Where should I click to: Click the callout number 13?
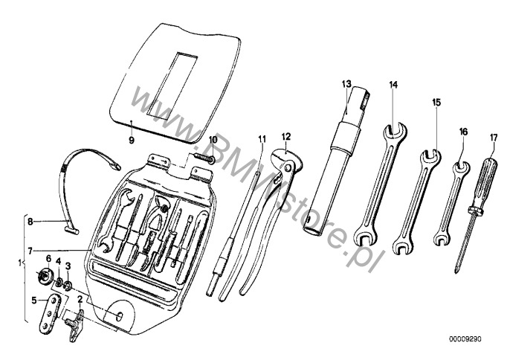(x=346, y=84)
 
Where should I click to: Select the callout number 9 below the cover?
(x=132, y=141)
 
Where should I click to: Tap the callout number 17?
(x=494, y=138)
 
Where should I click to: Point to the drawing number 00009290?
(x=465, y=339)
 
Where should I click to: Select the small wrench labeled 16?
(x=451, y=204)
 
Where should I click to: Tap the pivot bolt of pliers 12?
(x=287, y=168)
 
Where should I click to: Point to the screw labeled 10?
(x=204, y=156)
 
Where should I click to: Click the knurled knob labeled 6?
(x=44, y=277)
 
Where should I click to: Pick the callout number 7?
(x=30, y=251)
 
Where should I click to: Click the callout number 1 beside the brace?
(x=20, y=262)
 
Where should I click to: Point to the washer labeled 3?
(x=68, y=286)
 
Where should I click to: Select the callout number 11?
(x=262, y=139)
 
